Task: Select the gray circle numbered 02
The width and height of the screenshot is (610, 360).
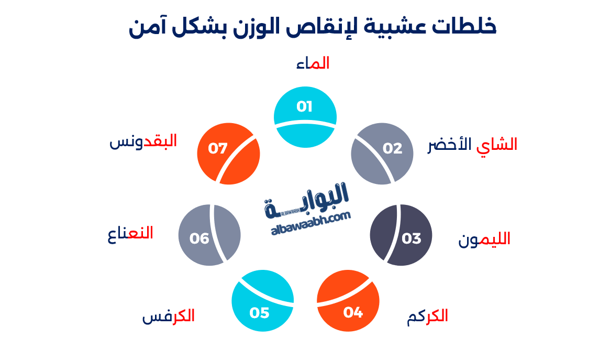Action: [382, 153]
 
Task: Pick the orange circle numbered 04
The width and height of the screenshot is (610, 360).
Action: [348, 301]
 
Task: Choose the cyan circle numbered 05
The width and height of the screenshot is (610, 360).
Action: [262, 301]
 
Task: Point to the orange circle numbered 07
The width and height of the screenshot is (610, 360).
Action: [228, 153]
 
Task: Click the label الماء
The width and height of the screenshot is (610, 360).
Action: [313, 64]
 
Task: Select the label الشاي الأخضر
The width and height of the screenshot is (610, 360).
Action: [472, 145]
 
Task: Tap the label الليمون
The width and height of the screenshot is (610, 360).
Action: [484, 239]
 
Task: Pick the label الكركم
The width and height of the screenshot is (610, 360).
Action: [427, 317]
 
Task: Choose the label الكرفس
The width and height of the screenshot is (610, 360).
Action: [169, 317]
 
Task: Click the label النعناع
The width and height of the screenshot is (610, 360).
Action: [130, 233]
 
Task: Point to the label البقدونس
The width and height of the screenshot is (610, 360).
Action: [143, 141]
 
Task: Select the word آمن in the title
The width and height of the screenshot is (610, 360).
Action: [145, 26]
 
